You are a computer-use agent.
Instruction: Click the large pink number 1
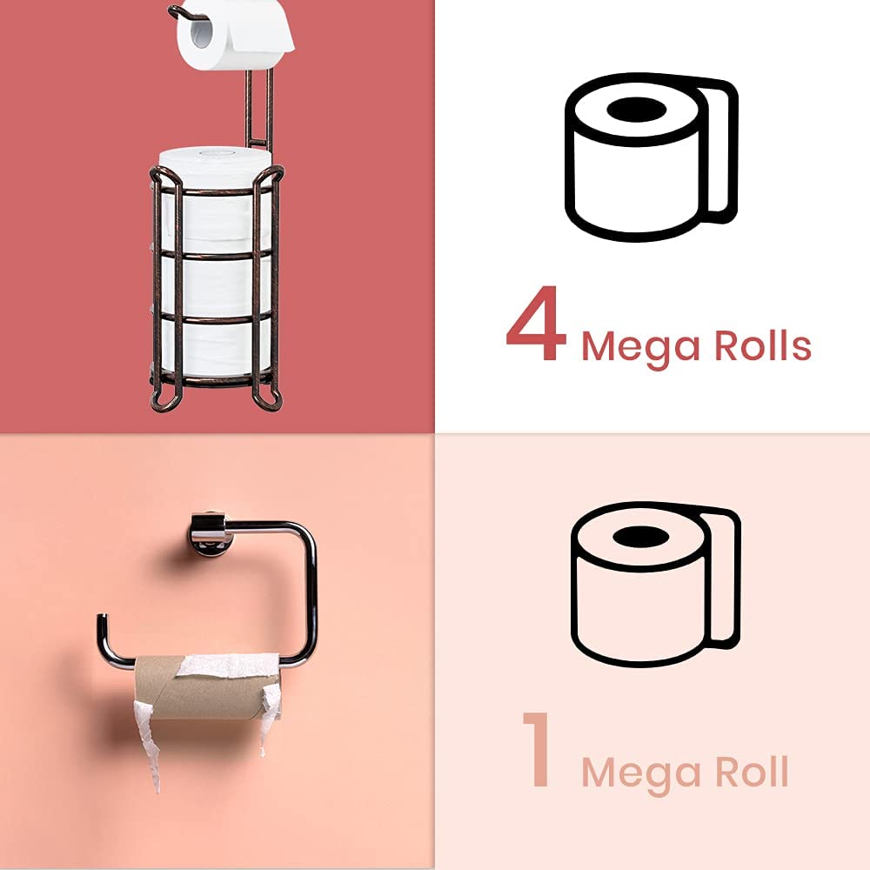[x=538, y=750]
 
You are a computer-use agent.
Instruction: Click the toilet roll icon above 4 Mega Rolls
[x=651, y=157]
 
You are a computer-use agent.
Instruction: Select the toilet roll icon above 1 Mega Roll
[x=654, y=583]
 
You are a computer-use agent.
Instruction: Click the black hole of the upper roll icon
[x=635, y=110]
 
